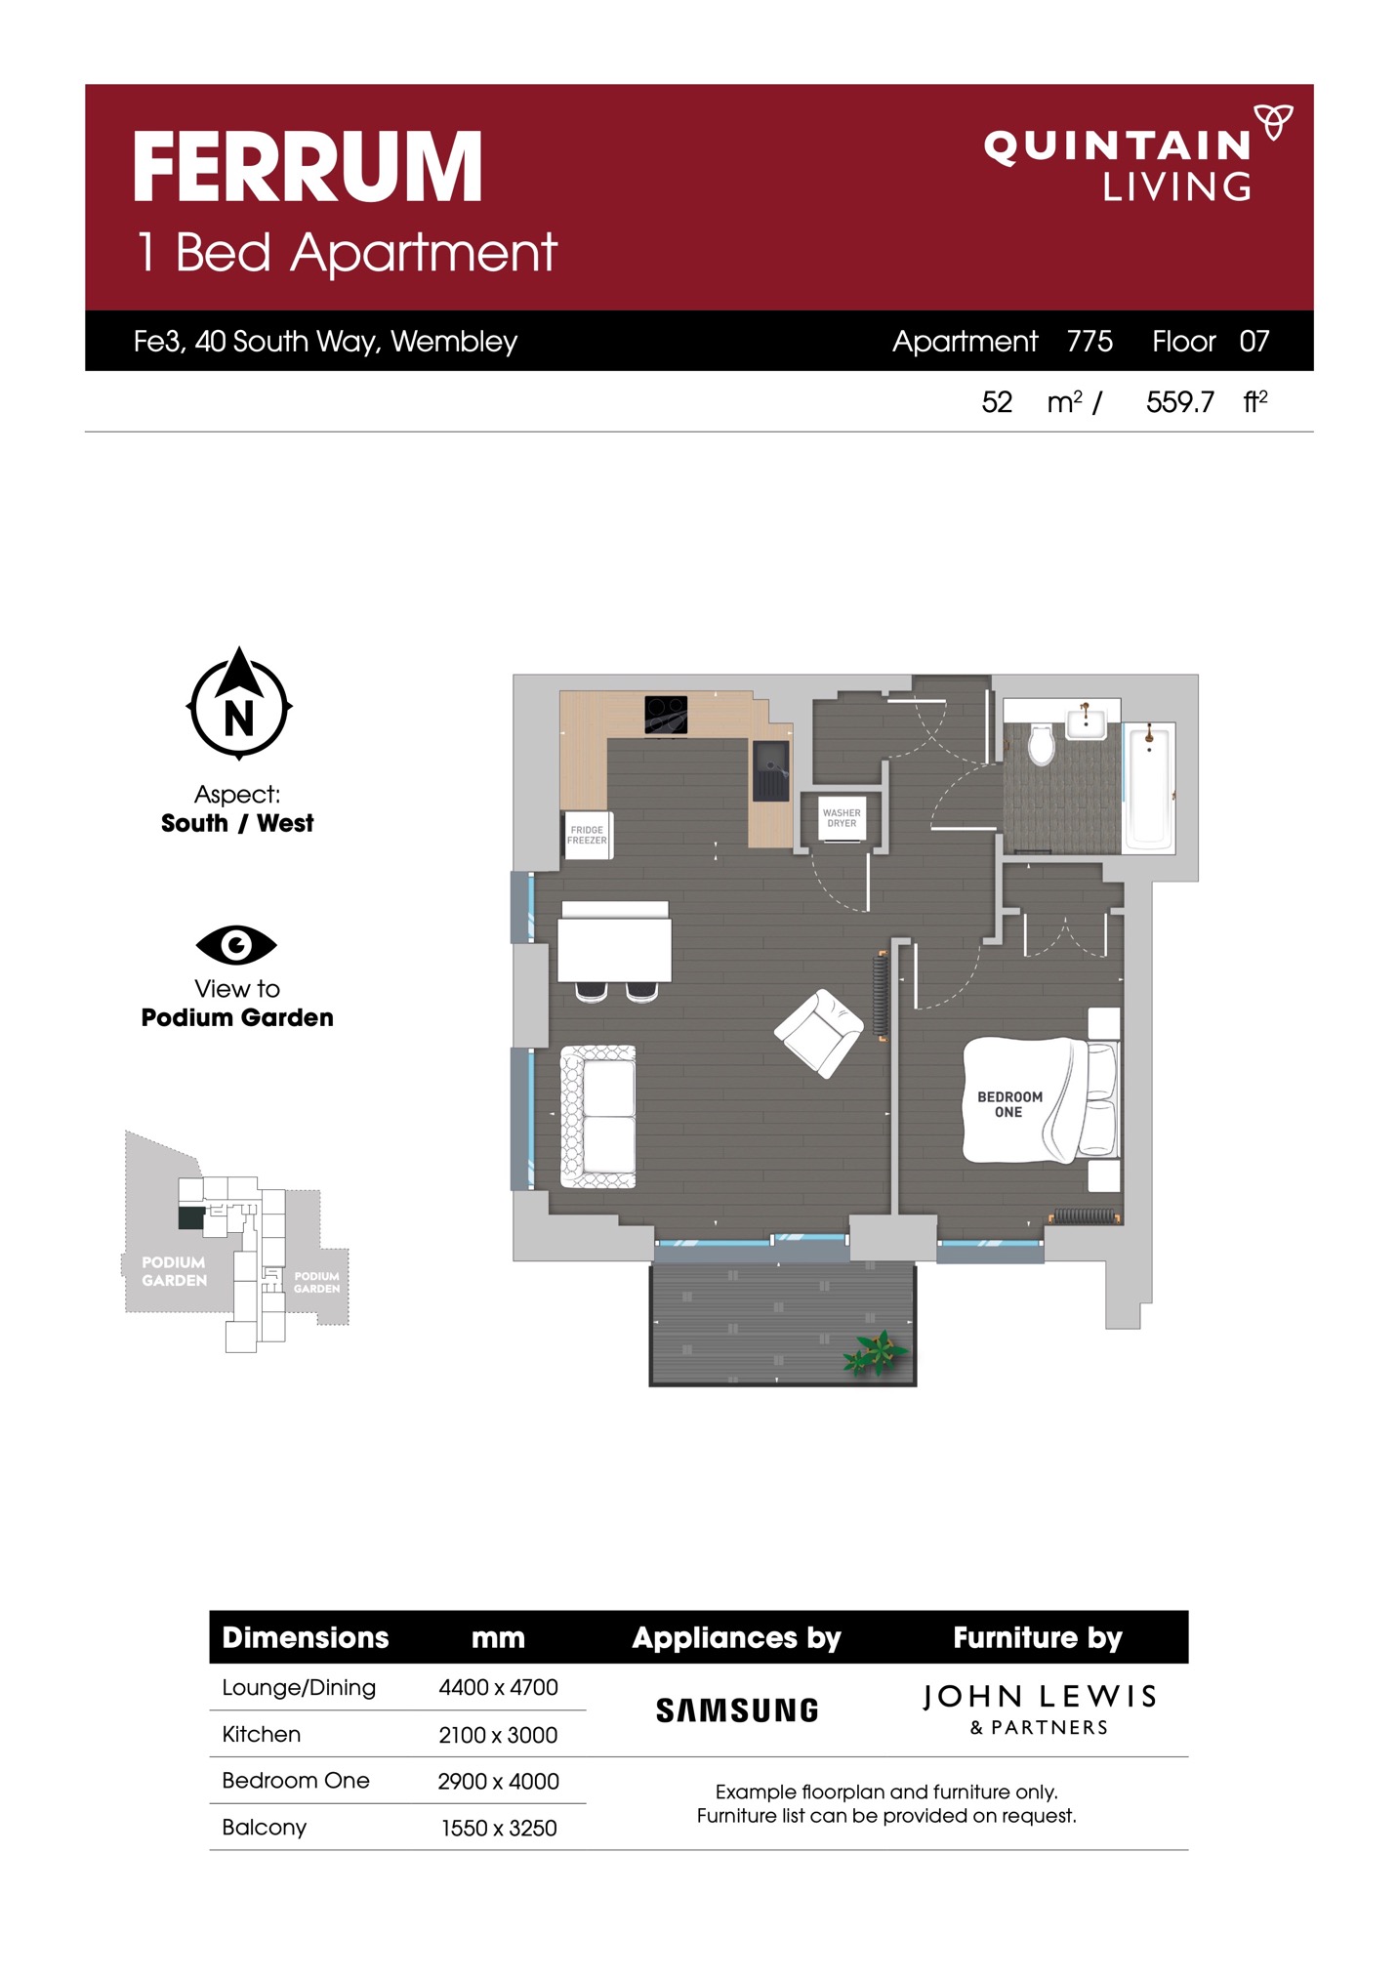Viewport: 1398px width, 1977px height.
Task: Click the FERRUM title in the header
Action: click(x=308, y=167)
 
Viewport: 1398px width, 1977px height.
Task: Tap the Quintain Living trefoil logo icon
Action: click(x=1273, y=121)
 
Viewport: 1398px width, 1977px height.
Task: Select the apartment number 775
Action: click(x=1090, y=341)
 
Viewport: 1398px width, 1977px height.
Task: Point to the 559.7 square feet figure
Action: click(x=1180, y=402)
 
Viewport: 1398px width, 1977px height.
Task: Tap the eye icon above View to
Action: click(x=236, y=944)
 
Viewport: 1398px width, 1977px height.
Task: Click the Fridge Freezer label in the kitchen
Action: click(x=587, y=835)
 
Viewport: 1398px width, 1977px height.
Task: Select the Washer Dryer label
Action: click(x=842, y=818)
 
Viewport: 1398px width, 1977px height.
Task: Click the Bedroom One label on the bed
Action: click(x=1009, y=1104)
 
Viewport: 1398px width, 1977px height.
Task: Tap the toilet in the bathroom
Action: click(x=1042, y=744)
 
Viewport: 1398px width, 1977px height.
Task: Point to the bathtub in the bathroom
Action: click(x=1148, y=787)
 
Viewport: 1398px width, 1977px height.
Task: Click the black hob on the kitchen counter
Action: click(x=666, y=715)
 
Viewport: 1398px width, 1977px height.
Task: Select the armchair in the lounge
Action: click(x=819, y=1033)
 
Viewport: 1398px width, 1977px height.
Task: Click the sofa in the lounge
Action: click(x=598, y=1117)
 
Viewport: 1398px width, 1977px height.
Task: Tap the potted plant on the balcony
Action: click(x=876, y=1353)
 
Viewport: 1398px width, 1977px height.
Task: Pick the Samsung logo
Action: click(x=737, y=1710)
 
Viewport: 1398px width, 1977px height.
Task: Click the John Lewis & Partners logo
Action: click(x=1039, y=1709)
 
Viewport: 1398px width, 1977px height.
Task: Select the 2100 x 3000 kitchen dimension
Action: click(x=498, y=1735)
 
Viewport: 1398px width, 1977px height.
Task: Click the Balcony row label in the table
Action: click(x=264, y=1827)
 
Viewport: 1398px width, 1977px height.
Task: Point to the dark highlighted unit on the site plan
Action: click(x=191, y=1217)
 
